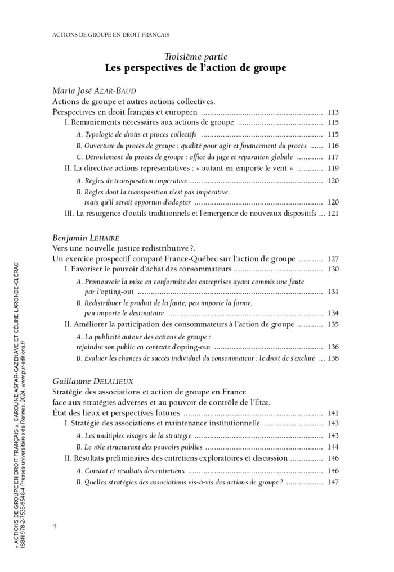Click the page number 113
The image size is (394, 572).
333,112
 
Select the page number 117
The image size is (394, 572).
333,157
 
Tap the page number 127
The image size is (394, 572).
333,259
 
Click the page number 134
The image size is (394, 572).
333,313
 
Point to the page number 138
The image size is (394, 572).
333,358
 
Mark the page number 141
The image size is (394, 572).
333,413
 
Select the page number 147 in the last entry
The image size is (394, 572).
333,482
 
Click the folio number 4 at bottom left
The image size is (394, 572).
54,525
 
